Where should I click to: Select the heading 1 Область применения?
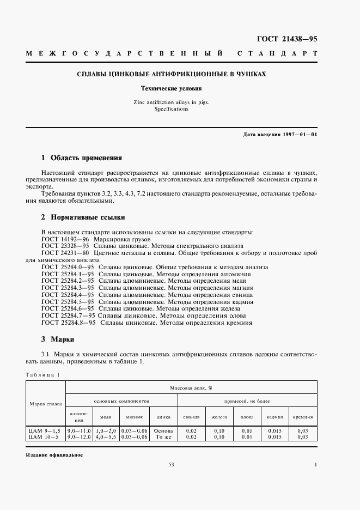(82, 159)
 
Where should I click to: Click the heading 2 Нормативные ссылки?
(83, 217)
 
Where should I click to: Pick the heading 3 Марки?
(57, 338)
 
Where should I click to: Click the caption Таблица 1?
(43, 374)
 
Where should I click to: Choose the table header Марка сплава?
(46, 403)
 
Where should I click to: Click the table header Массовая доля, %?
(191, 387)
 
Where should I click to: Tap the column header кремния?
(302, 417)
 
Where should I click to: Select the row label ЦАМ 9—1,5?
(44, 431)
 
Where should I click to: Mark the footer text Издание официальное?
(54, 454)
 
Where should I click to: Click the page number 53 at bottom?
(171, 464)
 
